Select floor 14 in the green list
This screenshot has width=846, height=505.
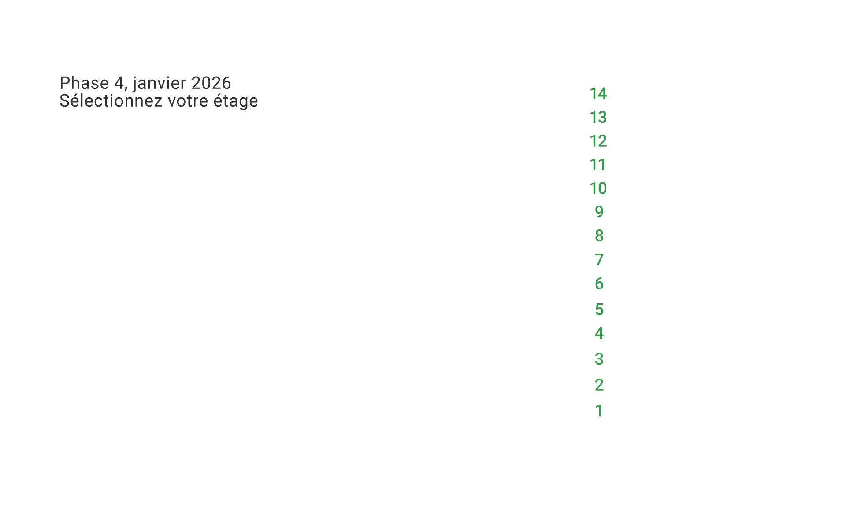[x=598, y=94]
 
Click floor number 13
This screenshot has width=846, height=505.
[x=598, y=118]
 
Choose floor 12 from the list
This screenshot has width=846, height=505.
[x=598, y=141]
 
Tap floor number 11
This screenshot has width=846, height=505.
[x=598, y=165]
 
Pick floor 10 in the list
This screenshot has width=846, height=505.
[x=598, y=188]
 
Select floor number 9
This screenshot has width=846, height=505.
[x=599, y=212]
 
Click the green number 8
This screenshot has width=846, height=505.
[x=599, y=236]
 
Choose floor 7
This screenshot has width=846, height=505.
[x=599, y=260]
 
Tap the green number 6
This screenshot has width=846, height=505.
[x=599, y=284]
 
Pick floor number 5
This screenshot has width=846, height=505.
[x=599, y=310]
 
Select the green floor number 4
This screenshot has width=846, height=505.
[x=599, y=333]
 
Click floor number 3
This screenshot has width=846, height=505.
[x=599, y=359]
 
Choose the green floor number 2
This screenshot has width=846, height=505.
[x=599, y=385]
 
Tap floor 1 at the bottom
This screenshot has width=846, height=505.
[x=599, y=411]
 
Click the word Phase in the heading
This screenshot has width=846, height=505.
[x=84, y=83]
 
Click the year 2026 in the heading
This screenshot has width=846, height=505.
[x=211, y=83]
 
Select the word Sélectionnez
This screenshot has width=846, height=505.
[x=111, y=101]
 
